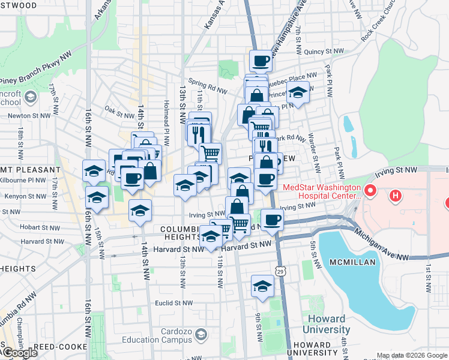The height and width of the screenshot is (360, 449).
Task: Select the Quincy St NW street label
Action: click(x=323, y=52)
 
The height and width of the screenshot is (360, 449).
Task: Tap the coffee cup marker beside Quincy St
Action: click(x=261, y=61)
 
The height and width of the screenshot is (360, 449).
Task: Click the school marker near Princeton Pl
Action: click(x=298, y=93)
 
